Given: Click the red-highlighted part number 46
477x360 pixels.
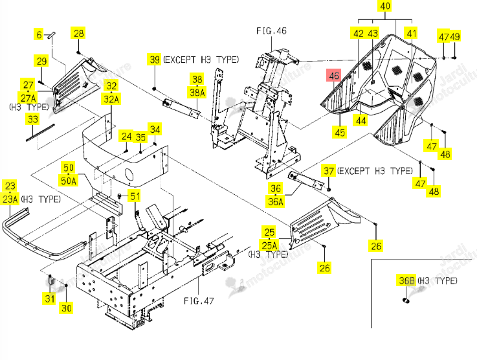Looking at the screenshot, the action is coord(334,75).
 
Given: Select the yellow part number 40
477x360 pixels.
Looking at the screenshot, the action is coord(385,6).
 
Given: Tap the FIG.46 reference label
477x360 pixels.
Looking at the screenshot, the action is coord(271,30).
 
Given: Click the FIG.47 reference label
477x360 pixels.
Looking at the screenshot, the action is coord(199,301).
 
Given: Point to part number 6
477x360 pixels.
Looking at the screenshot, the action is coord(39,34).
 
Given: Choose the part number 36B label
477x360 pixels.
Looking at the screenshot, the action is coord(406,280).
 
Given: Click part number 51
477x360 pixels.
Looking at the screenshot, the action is coord(135,196).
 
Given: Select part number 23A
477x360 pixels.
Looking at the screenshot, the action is coord(10,199).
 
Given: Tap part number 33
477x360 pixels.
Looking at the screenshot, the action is coord(32,118).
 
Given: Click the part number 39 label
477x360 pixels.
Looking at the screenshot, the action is coord(155,60).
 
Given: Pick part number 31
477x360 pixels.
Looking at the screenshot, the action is coord(49,298).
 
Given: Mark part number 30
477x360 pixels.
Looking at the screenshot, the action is coord(66,308).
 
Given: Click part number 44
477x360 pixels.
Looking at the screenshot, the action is coord(361,120).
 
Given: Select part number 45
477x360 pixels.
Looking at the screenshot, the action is coord(340,132).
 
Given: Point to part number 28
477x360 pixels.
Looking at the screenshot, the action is coord(78,33).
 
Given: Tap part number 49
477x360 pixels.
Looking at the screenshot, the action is coord(455,36).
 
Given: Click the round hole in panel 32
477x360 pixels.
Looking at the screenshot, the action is coord(129,175).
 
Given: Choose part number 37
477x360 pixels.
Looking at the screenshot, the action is coord(329,171).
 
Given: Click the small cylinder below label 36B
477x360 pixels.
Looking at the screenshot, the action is coord(406,300).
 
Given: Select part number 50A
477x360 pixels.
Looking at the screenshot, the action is coord(69,181).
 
